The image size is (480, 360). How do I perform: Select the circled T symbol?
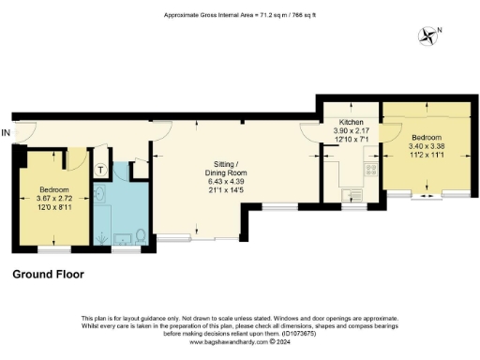100,170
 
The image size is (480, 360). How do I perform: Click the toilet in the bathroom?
140,234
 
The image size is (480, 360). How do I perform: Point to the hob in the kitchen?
369,171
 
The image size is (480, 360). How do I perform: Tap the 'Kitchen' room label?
339,121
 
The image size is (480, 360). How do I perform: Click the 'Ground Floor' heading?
48,275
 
